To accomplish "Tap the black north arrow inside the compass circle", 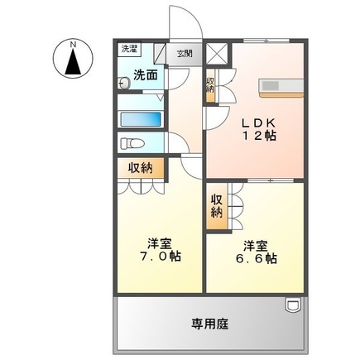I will [73, 62].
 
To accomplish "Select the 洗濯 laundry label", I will [130, 49].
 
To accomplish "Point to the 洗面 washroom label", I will [146, 75].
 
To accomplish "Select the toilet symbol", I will [132, 143].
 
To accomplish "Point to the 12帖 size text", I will [259, 136].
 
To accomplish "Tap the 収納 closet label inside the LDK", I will [210, 85].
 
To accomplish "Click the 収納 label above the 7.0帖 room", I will [140, 169].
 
